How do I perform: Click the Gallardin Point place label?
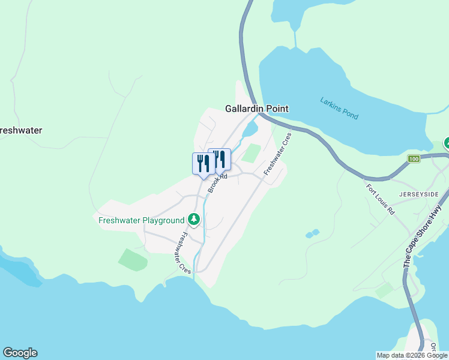[x=256, y=109]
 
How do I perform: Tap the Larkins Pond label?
[x=339, y=108]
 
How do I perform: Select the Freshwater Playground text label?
[x=141, y=220]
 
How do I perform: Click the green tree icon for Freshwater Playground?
[x=193, y=220]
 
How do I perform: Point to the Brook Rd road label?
[x=218, y=182]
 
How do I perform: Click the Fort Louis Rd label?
[x=381, y=199]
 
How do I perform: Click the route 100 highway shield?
[x=413, y=159]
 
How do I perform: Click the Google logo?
[x=20, y=353]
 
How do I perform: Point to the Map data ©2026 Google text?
[x=412, y=355]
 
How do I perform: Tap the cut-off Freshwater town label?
[x=20, y=130]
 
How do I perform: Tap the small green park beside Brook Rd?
[x=252, y=152]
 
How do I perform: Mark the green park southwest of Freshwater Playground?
[x=133, y=260]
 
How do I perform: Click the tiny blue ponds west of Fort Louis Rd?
[x=312, y=233]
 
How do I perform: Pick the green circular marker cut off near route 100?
[x=447, y=143]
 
